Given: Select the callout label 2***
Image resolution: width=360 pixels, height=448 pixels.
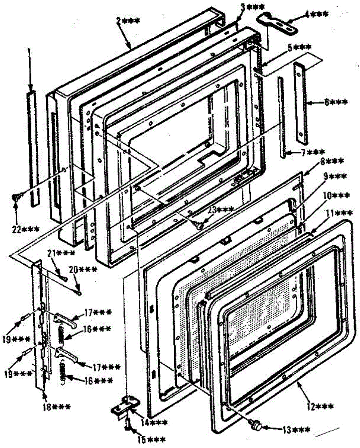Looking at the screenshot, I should [x=128, y=21].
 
